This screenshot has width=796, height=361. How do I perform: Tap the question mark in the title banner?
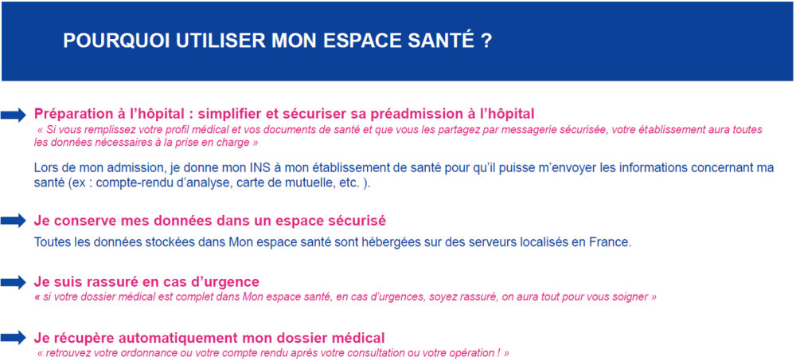point(486,41)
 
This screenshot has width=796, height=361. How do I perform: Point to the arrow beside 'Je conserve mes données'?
point(14,221)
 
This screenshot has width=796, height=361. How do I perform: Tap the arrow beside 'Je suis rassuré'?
point(14,282)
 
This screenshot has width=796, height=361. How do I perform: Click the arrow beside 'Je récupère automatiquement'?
point(14,338)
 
